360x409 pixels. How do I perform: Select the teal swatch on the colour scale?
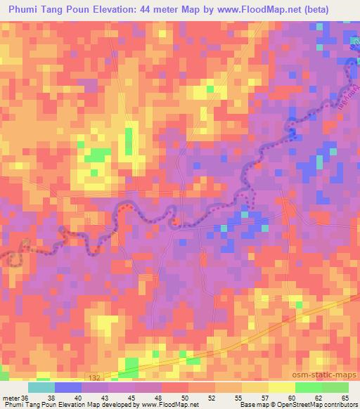pyautogui.click(x=41, y=387)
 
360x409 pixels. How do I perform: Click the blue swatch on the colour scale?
pyautogui.click(x=67, y=387)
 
